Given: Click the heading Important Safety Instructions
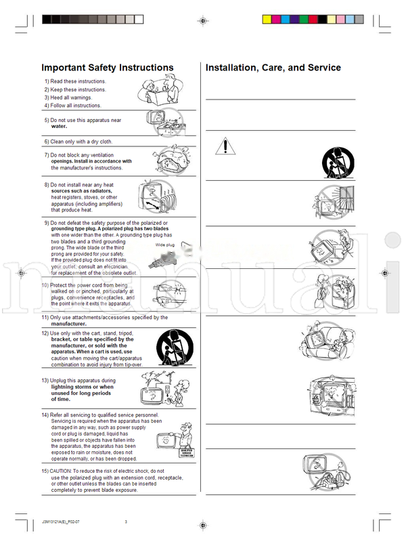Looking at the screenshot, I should [108, 68].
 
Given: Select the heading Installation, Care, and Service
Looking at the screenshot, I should [273, 68].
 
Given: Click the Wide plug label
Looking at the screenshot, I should [165, 245].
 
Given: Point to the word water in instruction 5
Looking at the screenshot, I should [60, 126].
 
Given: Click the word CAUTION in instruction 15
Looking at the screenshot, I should [62, 470].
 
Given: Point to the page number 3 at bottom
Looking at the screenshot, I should [126, 521].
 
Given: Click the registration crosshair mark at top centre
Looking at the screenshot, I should [203, 22].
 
